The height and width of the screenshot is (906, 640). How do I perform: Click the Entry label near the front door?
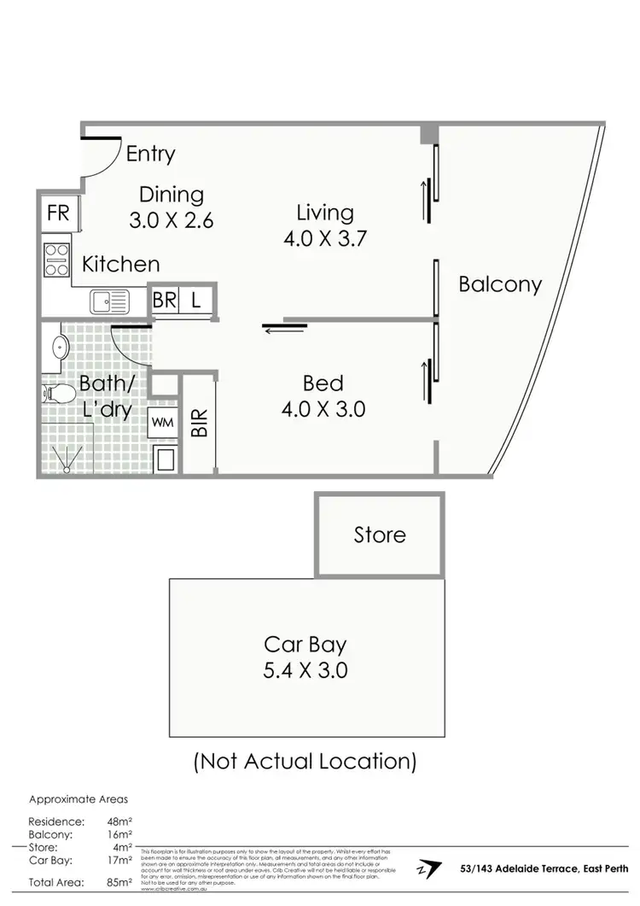pyautogui.click(x=150, y=154)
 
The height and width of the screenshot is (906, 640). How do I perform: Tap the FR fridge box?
pyautogui.click(x=58, y=212)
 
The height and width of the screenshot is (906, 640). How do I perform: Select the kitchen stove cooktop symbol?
pyautogui.click(x=56, y=260)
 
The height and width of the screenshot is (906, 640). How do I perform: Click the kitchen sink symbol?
pyautogui.click(x=108, y=301)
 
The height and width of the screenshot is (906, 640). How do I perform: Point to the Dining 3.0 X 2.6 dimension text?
pyautogui.click(x=171, y=219)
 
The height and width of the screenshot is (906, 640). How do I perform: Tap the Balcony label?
pyautogui.click(x=500, y=284)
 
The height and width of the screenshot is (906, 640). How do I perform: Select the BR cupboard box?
pyautogui.click(x=165, y=301)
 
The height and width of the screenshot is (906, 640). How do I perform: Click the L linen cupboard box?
pyautogui.click(x=195, y=301)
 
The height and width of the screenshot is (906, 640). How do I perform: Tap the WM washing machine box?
pyautogui.click(x=163, y=421)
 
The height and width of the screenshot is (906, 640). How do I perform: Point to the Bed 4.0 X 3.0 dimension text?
pyautogui.click(x=323, y=409)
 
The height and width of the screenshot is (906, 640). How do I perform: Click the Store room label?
pyautogui.click(x=380, y=535)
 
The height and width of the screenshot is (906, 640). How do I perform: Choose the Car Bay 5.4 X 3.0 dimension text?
pyautogui.click(x=305, y=670)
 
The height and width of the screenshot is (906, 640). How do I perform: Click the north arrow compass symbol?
pyautogui.click(x=430, y=869)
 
